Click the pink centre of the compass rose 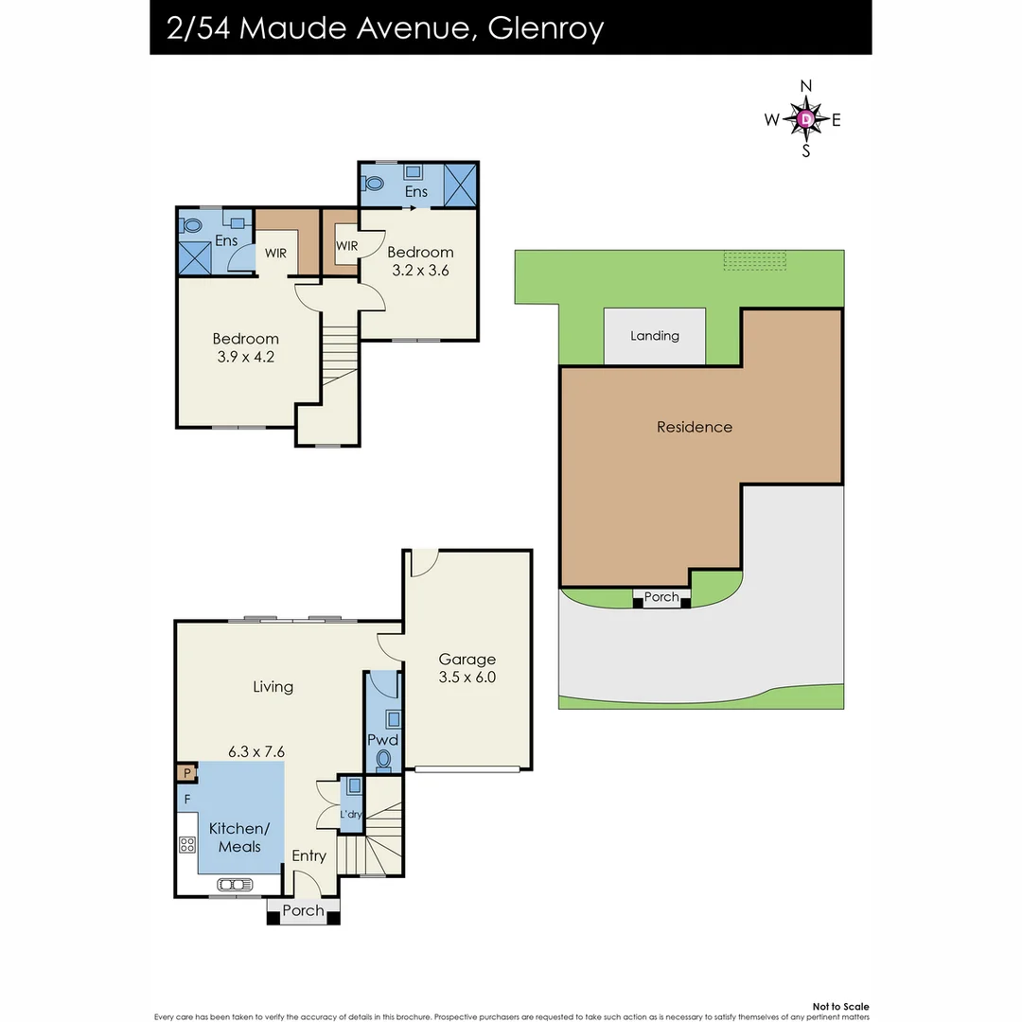pyautogui.click(x=805, y=119)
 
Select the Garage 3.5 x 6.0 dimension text pyautogui.click(x=467, y=678)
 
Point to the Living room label pyautogui.click(x=273, y=687)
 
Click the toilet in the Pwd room pyautogui.click(x=384, y=759)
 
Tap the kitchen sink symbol pyautogui.click(x=235, y=885)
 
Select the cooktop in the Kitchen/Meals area pyautogui.click(x=186, y=845)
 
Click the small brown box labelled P pyautogui.click(x=187, y=773)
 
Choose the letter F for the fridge pyautogui.click(x=187, y=800)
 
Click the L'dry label pyautogui.click(x=351, y=814)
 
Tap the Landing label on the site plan pyautogui.click(x=655, y=336)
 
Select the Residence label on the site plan pyautogui.click(x=695, y=427)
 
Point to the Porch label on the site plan pyautogui.click(x=661, y=597)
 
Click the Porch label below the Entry pyautogui.click(x=303, y=911)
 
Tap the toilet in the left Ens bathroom pyautogui.click(x=192, y=225)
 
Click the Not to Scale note pyautogui.click(x=840, y=1007)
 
